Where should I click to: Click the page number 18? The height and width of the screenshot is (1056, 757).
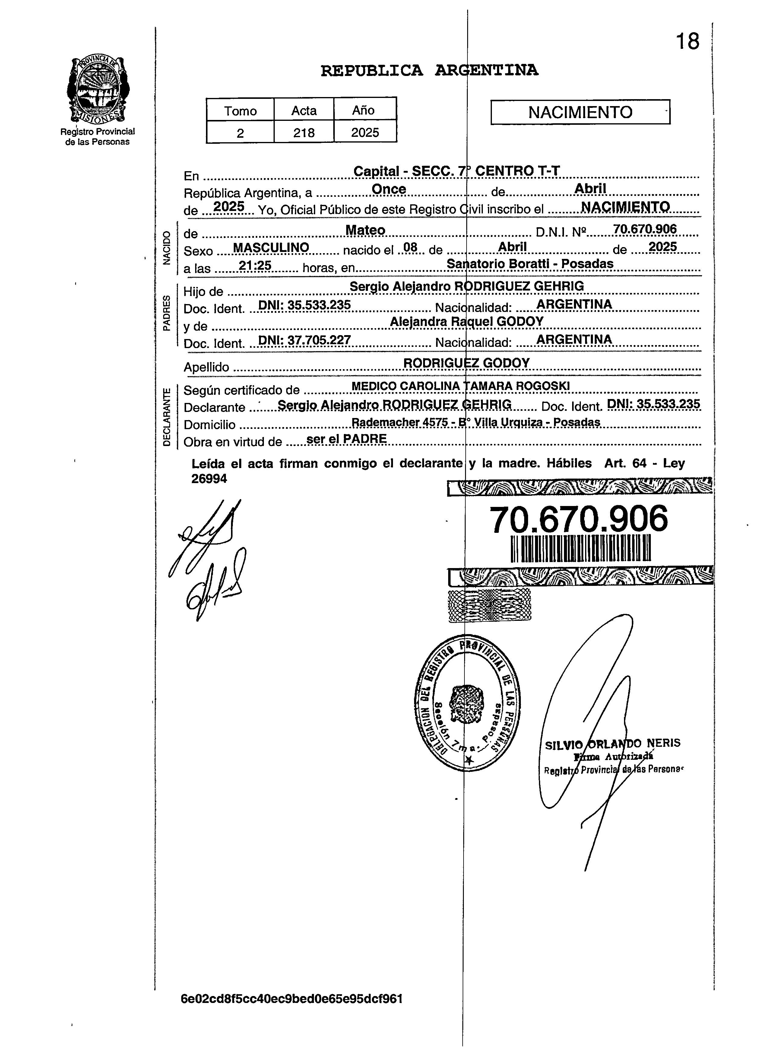(688, 42)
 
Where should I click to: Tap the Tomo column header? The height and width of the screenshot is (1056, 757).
(240, 111)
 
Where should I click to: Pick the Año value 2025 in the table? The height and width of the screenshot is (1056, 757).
(365, 133)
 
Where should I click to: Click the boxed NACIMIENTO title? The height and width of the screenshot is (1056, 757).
(580, 112)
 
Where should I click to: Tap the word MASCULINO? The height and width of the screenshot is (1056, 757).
(271, 248)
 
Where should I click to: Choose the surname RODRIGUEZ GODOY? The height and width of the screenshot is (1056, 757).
(466, 363)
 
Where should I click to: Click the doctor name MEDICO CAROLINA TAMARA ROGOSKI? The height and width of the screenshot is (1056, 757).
(460, 386)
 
